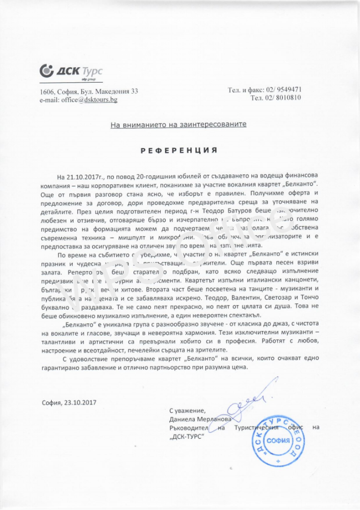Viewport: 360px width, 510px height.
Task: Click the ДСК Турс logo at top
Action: pos(70,72)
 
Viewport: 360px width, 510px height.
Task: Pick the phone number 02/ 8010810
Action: pos(282,98)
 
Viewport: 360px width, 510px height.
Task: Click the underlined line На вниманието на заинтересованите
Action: pos(179,124)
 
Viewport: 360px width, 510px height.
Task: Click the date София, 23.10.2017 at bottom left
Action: pos(69,402)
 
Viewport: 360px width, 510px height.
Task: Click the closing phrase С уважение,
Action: pos(187,410)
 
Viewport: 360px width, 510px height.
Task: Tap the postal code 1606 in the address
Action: pos(47,91)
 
